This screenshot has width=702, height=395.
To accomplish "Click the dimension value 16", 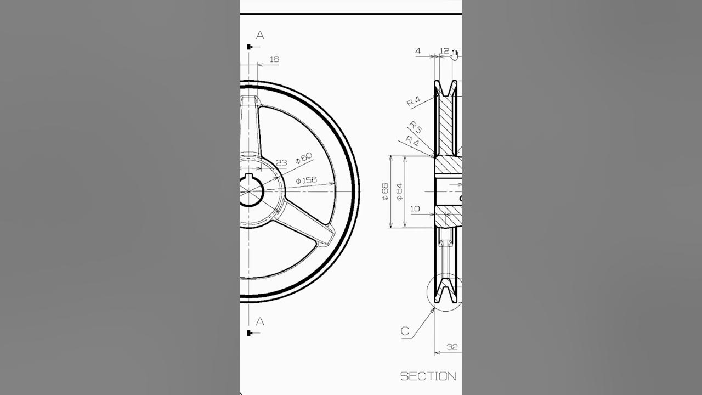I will click(x=275, y=59).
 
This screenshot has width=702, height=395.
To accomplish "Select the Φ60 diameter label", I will click(x=303, y=158).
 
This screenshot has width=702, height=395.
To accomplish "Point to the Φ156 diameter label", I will click(x=305, y=180).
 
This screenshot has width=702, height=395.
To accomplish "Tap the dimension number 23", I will click(x=281, y=162).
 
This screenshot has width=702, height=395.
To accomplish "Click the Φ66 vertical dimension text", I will click(x=385, y=191).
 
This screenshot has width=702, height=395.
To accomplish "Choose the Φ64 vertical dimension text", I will click(x=399, y=191).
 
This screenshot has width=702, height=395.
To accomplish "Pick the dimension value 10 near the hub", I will click(x=415, y=208).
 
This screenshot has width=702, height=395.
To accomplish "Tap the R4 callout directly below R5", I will click(x=412, y=140).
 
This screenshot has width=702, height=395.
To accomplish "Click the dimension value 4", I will click(x=418, y=52).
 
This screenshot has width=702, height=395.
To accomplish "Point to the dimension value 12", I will click(x=444, y=52).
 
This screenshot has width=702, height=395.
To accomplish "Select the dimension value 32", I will click(x=452, y=347).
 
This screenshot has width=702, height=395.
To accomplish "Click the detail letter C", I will click(x=405, y=331).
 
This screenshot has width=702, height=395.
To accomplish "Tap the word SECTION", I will click(x=428, y=376).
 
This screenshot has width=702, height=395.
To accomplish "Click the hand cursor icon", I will click(x=455, y=53).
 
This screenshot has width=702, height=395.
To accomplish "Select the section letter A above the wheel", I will click(x=260, y=35).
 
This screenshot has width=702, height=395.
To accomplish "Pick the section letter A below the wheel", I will click(x=260, y=321).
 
